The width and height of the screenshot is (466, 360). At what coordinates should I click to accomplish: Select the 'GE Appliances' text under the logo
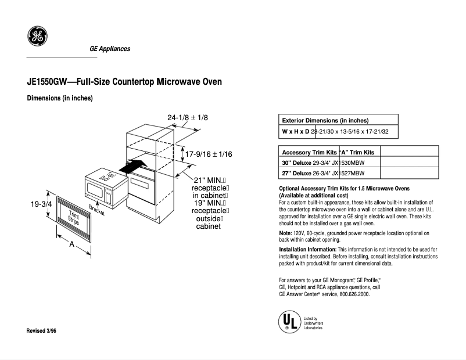pos(110,49)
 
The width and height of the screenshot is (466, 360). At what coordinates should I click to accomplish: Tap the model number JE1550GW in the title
pos(48,82)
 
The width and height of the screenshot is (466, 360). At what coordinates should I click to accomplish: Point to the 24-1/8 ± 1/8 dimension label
pos(188,118)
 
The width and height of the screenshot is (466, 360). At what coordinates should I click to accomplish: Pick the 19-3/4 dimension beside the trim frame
pos(41,204)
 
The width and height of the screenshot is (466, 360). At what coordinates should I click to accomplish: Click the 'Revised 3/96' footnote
pos(42,330)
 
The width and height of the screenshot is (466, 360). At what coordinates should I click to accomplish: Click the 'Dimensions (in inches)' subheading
pos(60,98)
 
